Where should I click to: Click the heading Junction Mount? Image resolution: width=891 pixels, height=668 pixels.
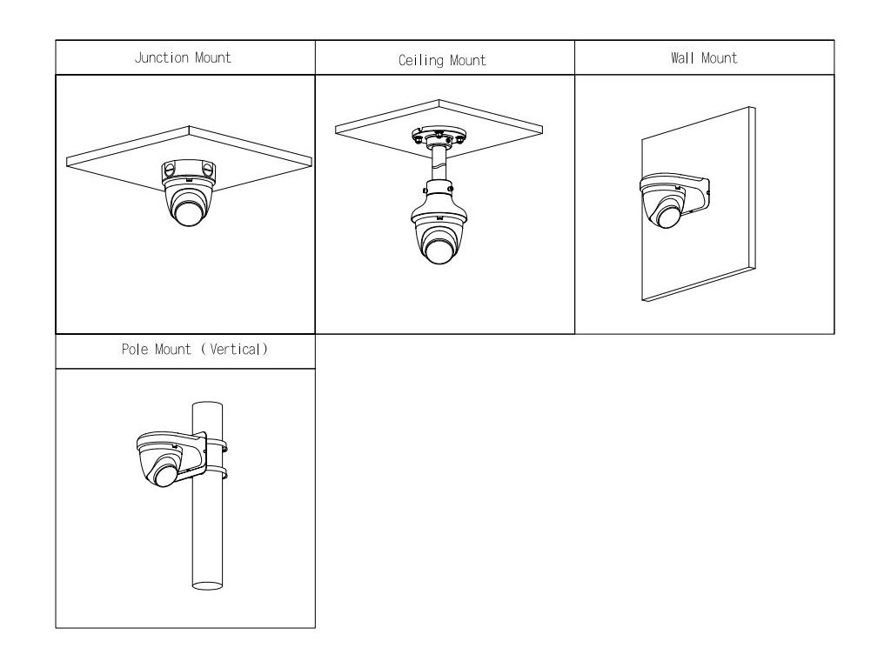click(x=183, y=58)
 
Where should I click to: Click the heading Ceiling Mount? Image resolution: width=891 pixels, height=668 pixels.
click(x=442, y=60)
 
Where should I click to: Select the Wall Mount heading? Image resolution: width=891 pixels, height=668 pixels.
click(x=704, y=58)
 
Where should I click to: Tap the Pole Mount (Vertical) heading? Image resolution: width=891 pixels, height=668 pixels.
click(x=194, y=351)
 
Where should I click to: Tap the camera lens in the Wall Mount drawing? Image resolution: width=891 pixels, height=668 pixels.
click(x=668, y=213)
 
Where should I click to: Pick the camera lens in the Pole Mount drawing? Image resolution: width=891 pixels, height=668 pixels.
click(x=163, y=474)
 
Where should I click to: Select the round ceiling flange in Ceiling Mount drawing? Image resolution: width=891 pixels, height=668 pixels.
click(x=439, y=137)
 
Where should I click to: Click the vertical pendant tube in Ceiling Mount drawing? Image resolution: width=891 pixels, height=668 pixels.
click(x=439, y=165)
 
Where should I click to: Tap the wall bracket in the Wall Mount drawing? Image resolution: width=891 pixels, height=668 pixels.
click(x=687, y=183)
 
